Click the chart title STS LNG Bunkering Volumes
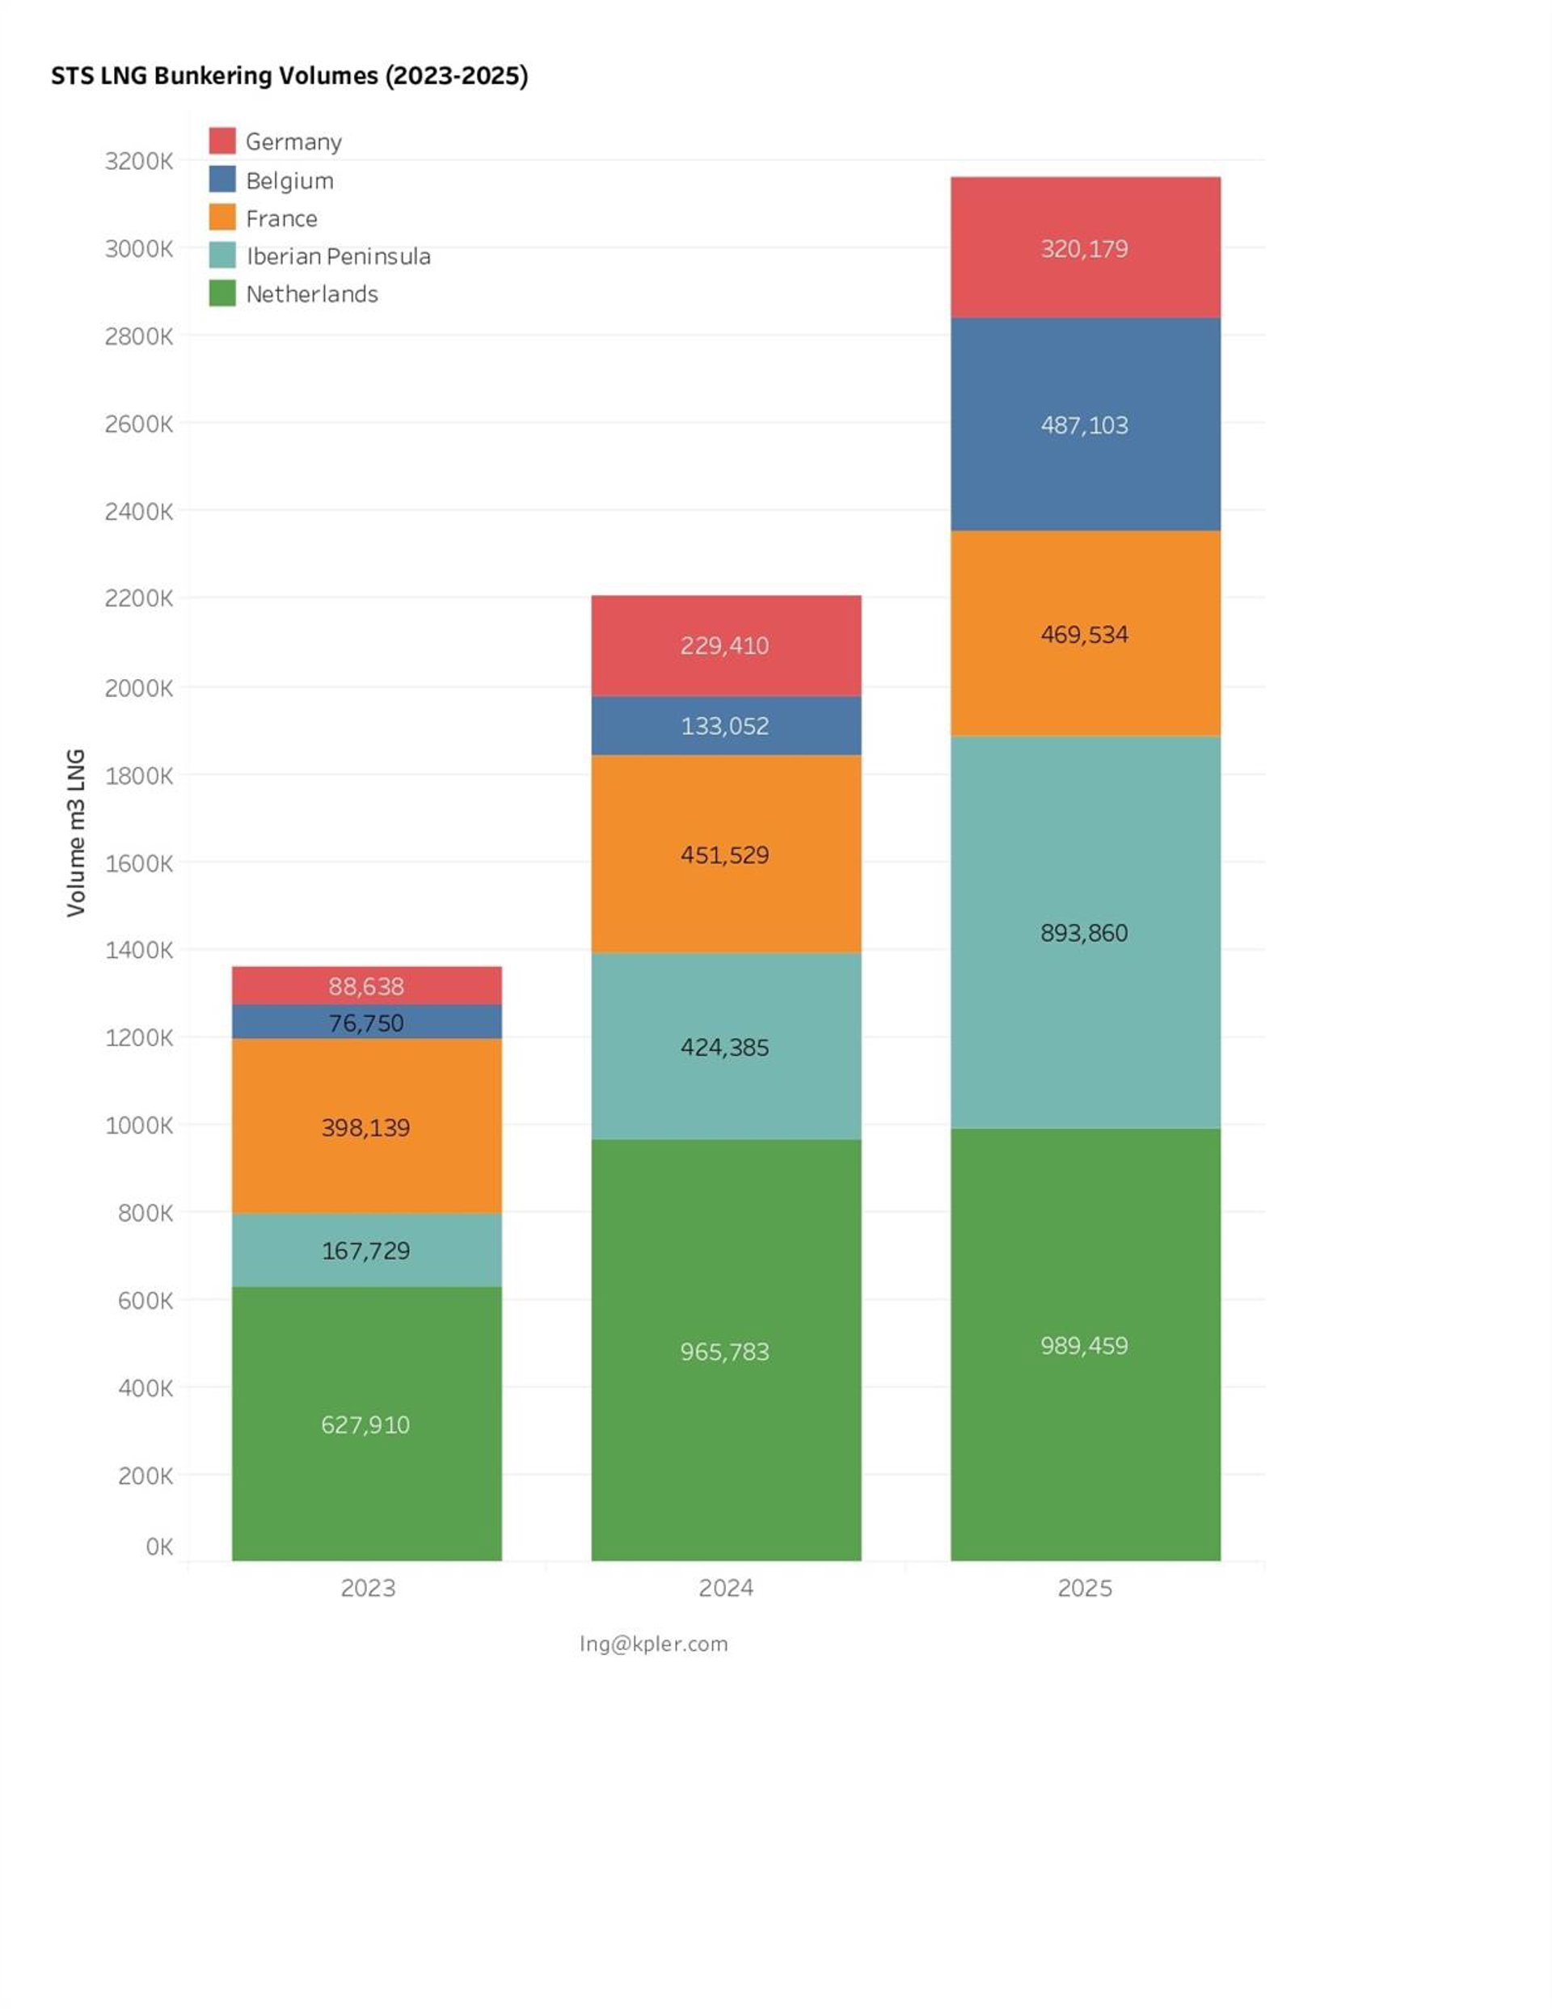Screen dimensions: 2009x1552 289,75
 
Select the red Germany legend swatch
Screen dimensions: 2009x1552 221,141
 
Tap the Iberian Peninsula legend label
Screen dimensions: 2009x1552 338,255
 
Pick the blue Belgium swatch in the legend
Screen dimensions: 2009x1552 221,179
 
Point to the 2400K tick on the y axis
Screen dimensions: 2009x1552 138,512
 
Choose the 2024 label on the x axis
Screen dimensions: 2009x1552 725,1589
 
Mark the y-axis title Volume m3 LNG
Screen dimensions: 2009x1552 75,833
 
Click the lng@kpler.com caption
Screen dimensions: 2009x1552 653,1644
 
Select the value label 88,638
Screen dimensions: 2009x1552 366,986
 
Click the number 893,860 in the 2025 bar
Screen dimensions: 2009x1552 1084,933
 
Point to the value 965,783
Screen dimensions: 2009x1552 724,1351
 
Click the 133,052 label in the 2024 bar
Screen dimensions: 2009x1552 724,726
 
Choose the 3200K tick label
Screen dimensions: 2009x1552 138,162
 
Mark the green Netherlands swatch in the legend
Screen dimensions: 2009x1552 221,293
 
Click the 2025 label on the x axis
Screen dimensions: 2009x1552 1084,1589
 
